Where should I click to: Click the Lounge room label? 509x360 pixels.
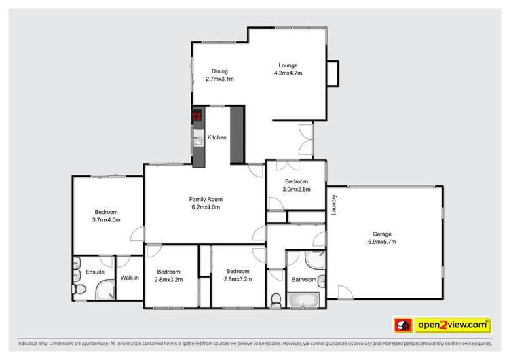point(287,65)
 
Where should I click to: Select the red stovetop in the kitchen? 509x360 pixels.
point(197,116)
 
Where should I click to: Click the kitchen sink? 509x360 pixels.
point(197,141)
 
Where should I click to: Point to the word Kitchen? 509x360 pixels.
point(217,137)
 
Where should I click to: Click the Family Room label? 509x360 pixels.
point(204,199)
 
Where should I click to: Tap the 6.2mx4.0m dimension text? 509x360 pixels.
point(204,207)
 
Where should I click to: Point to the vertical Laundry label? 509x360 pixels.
point(335,206)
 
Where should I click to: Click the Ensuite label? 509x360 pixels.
point(95,272)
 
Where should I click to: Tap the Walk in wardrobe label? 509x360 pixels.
point(130,277)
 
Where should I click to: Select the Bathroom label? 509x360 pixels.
point(303,279)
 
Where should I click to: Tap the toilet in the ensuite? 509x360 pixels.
point(79,290)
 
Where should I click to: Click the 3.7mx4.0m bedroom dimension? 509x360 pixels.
point(106,219)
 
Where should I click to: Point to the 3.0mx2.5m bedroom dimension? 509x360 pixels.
point(297,190)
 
